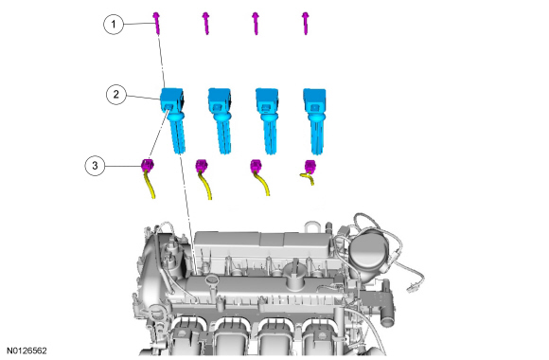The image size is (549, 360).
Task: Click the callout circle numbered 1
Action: click(114, 25)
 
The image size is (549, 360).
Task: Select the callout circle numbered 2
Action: click(116, 95)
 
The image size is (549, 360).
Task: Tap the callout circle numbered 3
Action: click(95, 166)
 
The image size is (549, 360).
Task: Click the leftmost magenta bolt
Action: click(156, 24)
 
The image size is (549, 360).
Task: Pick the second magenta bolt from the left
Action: click(206, 24)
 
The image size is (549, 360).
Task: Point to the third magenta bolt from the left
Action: click(256, 24)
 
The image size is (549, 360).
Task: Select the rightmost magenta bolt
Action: click(306, 24)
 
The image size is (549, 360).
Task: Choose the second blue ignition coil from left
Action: click(221, 120)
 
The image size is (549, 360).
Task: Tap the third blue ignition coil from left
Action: click(268, 120)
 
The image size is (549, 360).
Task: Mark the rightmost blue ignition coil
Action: click(315, 120)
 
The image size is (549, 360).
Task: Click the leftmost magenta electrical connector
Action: click(147, 165)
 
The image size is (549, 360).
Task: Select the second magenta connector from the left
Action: click(202, 166)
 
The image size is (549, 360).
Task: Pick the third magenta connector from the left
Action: click(256, 166)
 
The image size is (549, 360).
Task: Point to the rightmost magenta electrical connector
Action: click(310, 166)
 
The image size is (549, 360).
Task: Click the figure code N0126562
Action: click(27, 351)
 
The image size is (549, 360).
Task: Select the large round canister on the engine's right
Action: click(367, 251)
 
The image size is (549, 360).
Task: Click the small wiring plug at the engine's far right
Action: click(412, 289)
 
